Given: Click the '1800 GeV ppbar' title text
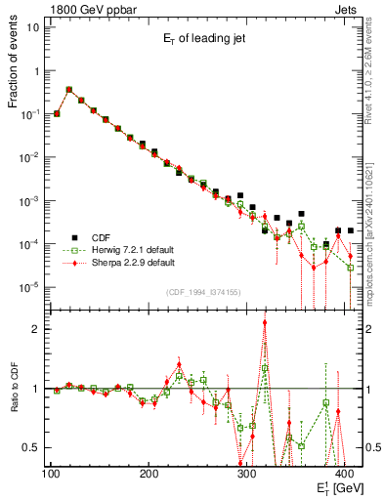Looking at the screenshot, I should point(92,7).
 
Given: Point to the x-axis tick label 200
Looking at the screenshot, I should point(149,474).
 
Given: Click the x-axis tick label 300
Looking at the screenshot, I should point(247,474).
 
